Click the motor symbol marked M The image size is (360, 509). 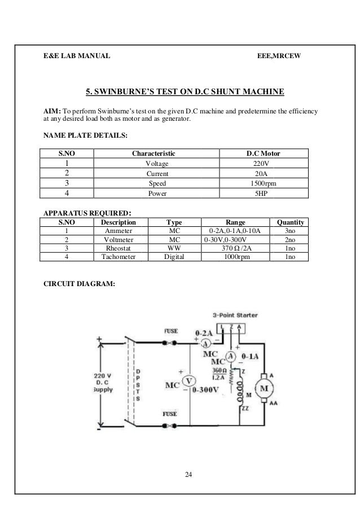pyautogui.click(x=265, y=388)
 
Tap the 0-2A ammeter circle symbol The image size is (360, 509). pyautogui.click(x=207, y=343)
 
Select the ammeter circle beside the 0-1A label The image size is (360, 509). pyautogui.click(x=230, y=356)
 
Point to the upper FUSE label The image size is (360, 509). pyautogui.click(x=171, y=331)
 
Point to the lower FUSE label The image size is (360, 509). pyautogui.click(x=170, y=414)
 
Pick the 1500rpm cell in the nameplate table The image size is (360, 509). pyautogui.click(x=264, y=183)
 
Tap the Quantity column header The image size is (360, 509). pyautogui.click(x=290, y=222)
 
